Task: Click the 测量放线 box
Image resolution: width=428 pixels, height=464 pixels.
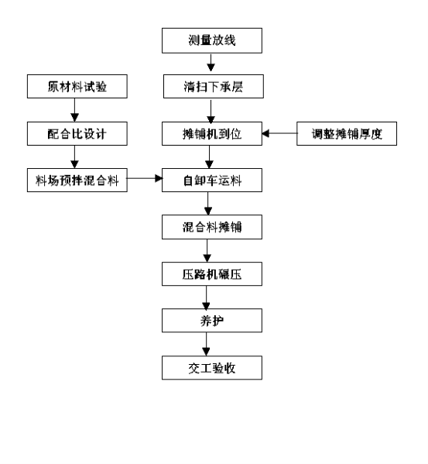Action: pos(212,40)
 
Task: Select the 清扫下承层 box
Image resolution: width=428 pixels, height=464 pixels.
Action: pos(214,87)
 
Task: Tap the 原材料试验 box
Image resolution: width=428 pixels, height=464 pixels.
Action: pos(77,87)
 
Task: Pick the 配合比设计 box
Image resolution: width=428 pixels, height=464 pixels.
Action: pos(77,133)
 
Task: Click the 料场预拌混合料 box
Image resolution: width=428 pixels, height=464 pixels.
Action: pos(77,180)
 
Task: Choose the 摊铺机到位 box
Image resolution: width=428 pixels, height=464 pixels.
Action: pos(212,133)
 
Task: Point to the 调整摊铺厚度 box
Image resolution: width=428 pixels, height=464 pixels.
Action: pos(347,133)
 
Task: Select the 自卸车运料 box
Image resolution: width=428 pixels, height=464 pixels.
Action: pos(212,180)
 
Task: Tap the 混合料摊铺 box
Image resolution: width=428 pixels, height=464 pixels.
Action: pos(212,227)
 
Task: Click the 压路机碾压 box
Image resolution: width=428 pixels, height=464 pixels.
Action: pos(212,273)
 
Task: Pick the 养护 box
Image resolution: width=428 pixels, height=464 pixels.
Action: pos(212,321)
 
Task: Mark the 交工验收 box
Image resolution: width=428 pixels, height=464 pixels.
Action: pos(212,368)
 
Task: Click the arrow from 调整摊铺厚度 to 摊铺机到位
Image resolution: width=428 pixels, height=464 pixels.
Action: pos(279,133)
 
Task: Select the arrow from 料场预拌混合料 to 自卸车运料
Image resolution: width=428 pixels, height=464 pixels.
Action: pos(145,178)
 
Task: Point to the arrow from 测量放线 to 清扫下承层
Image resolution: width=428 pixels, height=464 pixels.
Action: pos(211,63)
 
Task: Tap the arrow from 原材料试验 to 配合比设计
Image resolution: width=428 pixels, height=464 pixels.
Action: pos(74,110)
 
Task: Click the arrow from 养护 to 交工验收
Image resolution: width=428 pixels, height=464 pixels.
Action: pos(206,344)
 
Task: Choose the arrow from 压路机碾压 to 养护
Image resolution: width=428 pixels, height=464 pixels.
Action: pos(206,297)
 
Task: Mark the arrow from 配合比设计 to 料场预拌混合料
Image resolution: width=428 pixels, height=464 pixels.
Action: pos(74,156)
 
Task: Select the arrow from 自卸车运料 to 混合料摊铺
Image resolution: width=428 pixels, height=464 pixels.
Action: pos(207,204)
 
